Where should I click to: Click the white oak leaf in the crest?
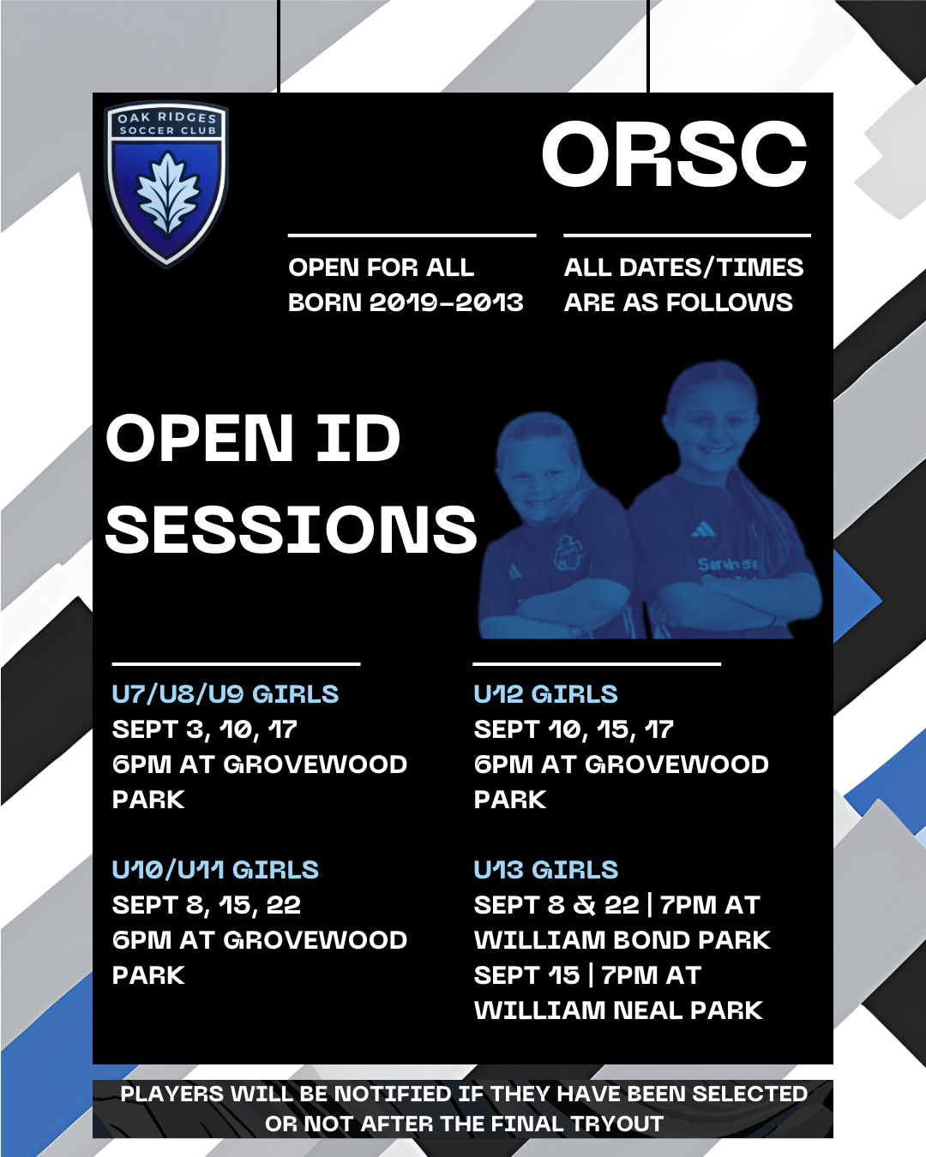167,195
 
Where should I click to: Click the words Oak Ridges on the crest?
167,117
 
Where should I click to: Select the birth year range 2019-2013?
446,303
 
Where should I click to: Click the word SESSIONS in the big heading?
292,529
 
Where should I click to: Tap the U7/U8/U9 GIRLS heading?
225,694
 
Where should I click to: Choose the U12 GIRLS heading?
545,694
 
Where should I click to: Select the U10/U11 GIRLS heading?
215,870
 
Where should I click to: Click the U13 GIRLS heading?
546,870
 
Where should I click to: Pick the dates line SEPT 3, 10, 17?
204,729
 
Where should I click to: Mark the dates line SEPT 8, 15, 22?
206,905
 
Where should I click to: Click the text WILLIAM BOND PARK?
622,940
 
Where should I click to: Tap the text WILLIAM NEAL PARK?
618,1010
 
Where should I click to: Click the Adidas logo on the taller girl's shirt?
704,531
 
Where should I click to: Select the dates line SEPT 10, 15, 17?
574,729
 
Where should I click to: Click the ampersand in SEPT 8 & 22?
585,905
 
